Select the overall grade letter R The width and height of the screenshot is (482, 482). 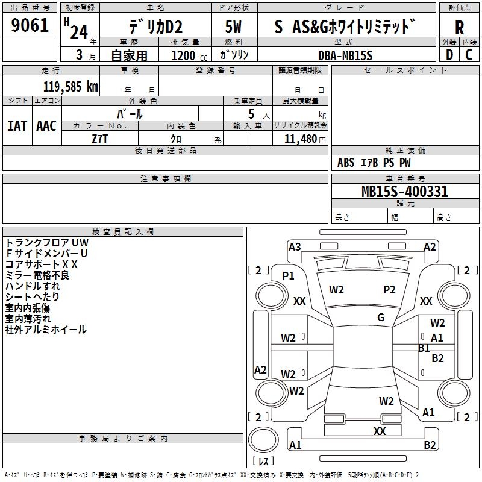(x=459, y=28)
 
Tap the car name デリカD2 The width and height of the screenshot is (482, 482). (x=155, y=27)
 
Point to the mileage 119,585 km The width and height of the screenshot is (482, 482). (x=70, y=86)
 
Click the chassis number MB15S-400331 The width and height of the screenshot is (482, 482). (x=405, y=192)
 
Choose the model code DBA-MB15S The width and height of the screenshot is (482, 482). (x=345, y=55)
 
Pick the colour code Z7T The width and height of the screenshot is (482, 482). (x=99, y=139)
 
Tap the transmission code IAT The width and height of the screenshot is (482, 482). (x=17, y=125)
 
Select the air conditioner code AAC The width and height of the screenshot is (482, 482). (x=46, y=125)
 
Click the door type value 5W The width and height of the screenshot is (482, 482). (x=233, y=27)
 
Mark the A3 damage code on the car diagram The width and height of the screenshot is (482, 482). (x=295, y=246)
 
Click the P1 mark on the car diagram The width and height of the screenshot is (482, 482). (x=288, y=275)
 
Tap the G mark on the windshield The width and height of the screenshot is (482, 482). (x=380, y=318)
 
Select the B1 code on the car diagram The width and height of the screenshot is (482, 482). (x=424, y=348)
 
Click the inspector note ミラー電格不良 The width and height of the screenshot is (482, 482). (x=37, y=275)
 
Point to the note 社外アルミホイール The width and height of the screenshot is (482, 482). (x=46, y=330)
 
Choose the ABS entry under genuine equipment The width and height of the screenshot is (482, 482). (x=346, y=163)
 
